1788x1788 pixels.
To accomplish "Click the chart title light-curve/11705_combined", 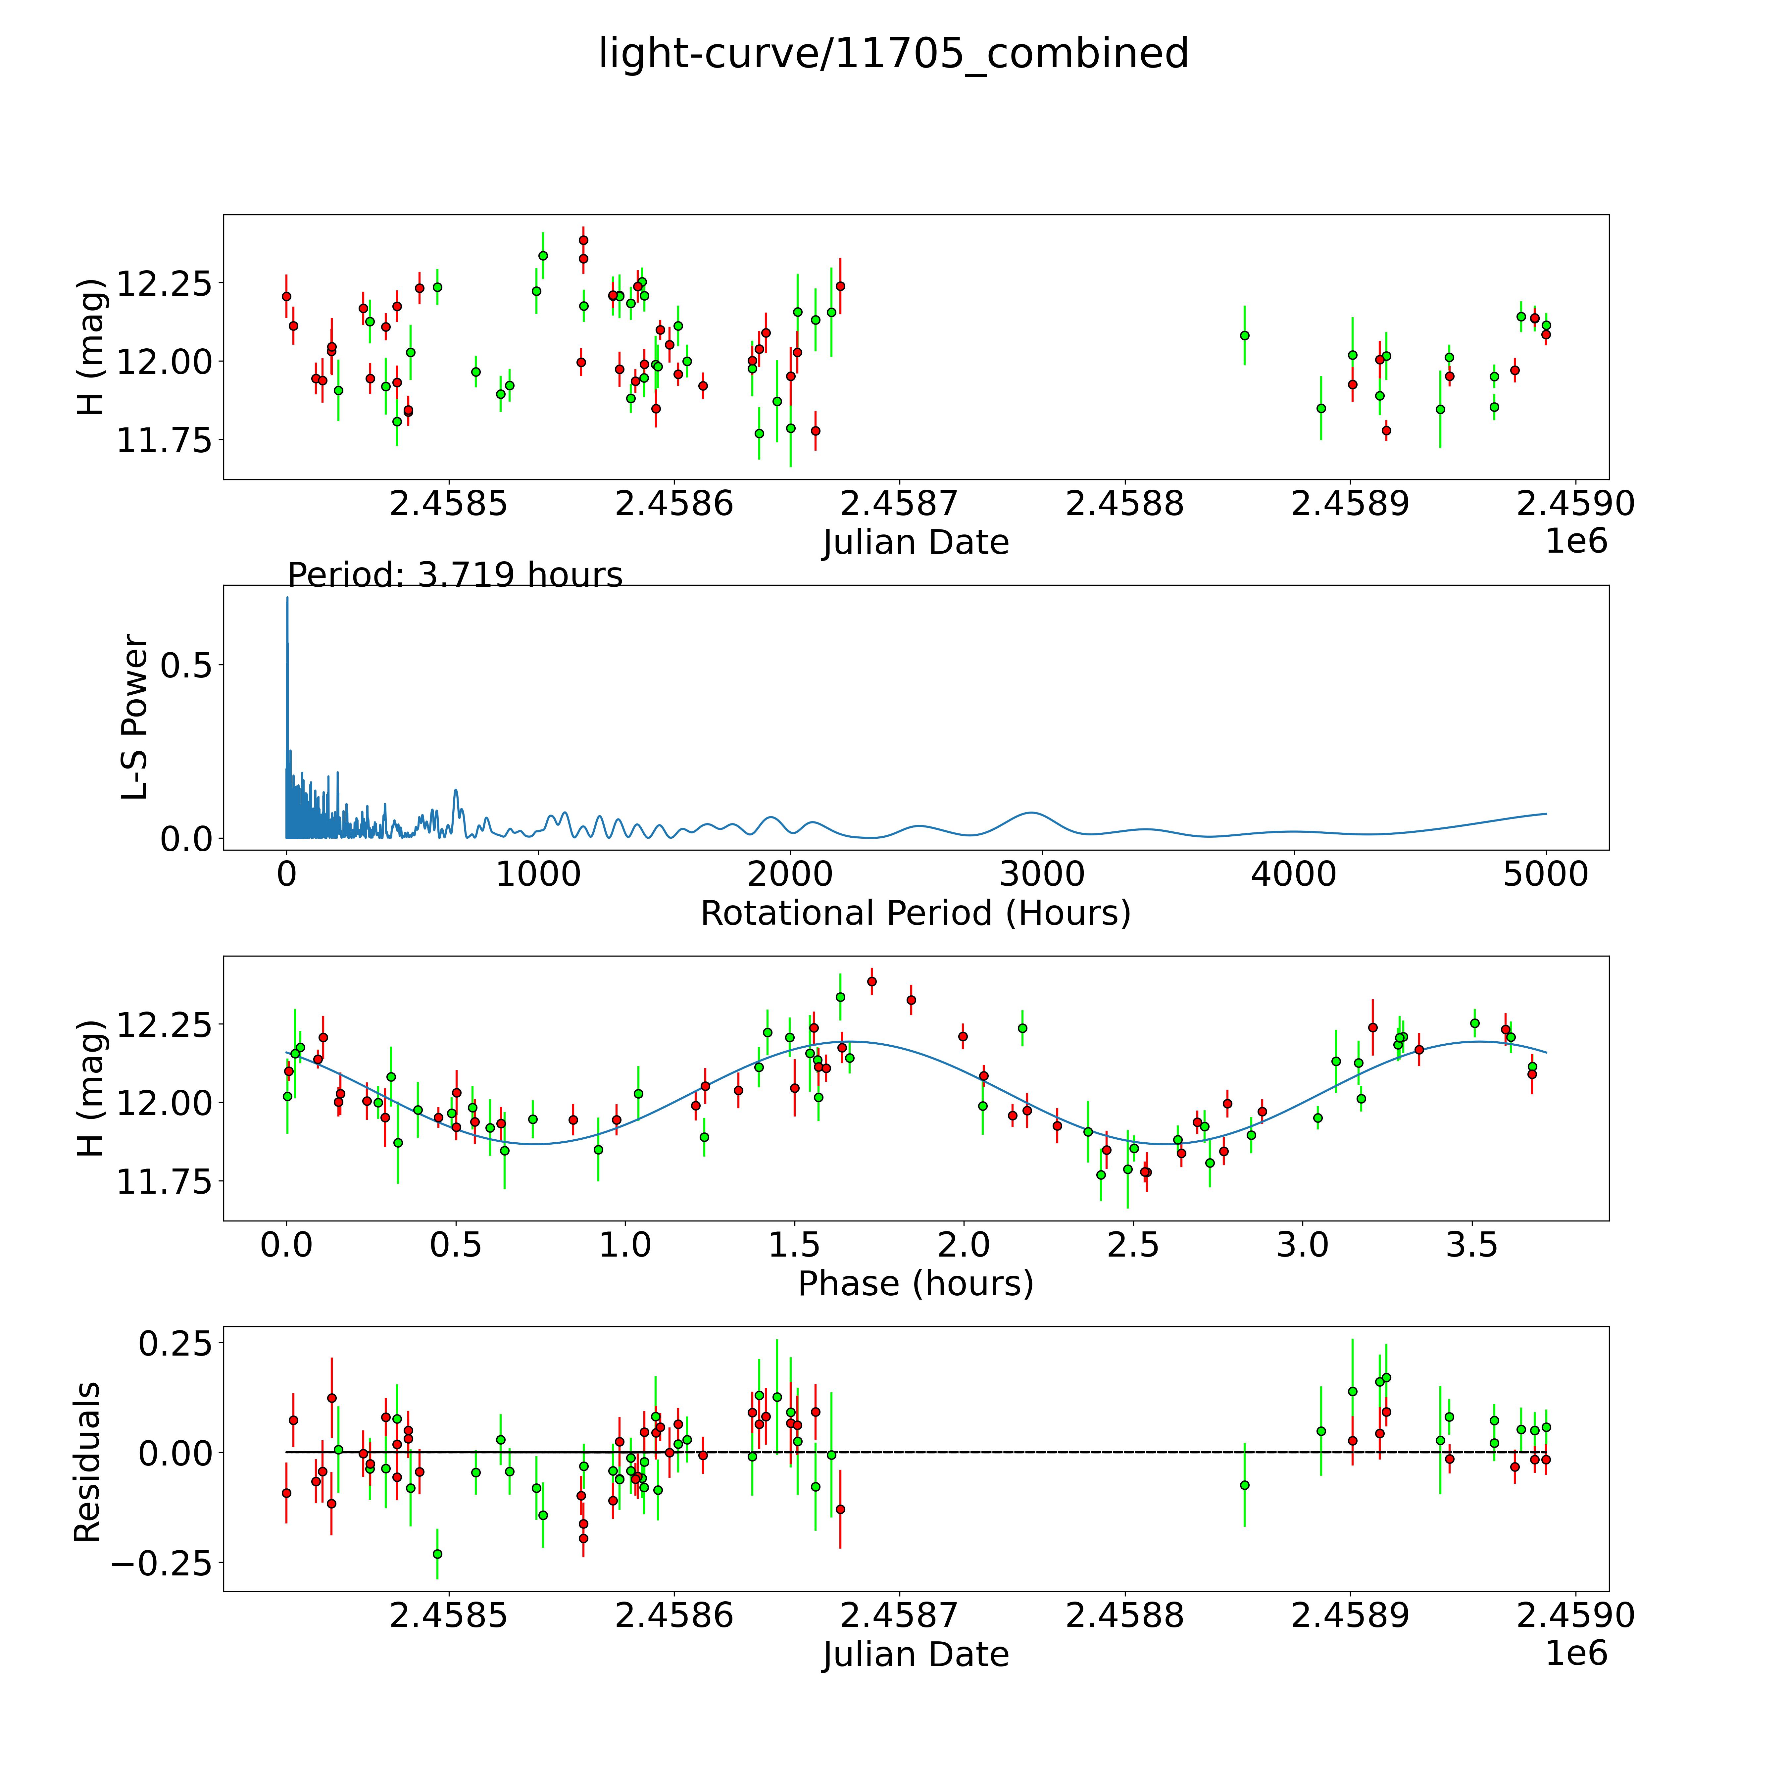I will pyautogui.click(x=893, y=54).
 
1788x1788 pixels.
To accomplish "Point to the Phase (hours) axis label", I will pyautogui.click(x=915, y=1284).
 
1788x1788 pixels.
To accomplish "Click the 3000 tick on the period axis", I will pyautogui.click(x=1042, y=874).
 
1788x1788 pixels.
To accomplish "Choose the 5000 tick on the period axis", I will pyautogui.click(x=1546, y=874).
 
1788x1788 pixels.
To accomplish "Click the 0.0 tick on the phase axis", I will pyautogui.click(x=287, y=1245).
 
